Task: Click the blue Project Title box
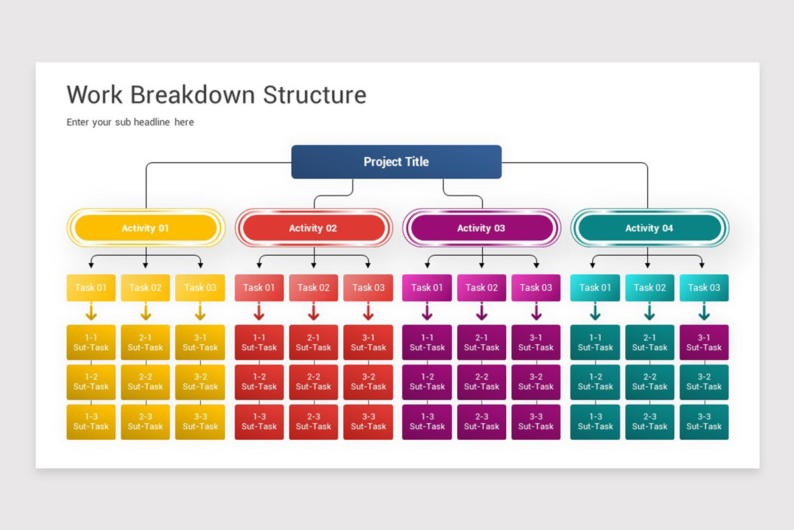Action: (396, 162)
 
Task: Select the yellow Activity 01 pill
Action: (146, 228)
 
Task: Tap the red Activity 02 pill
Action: (313, 228)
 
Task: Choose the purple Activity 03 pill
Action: (481, 228)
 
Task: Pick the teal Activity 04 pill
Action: (649, 228)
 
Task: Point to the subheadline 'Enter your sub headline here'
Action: (130, 122)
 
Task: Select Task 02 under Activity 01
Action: (146, 288)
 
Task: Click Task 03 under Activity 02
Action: (368, 288)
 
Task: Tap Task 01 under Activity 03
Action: (427, 288)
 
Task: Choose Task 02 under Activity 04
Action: (649, 288)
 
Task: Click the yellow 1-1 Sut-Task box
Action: (91, 343)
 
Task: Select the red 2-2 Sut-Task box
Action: (313, 382)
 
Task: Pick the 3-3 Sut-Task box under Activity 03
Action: (536, 422)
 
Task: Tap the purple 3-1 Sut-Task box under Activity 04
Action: (704, 343)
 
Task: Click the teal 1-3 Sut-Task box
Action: (595, 422)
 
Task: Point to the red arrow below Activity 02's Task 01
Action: (259, 312)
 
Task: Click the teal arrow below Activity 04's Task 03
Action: (704, 312)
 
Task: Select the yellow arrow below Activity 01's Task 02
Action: (146, 312)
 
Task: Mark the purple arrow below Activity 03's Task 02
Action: (481, 312)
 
